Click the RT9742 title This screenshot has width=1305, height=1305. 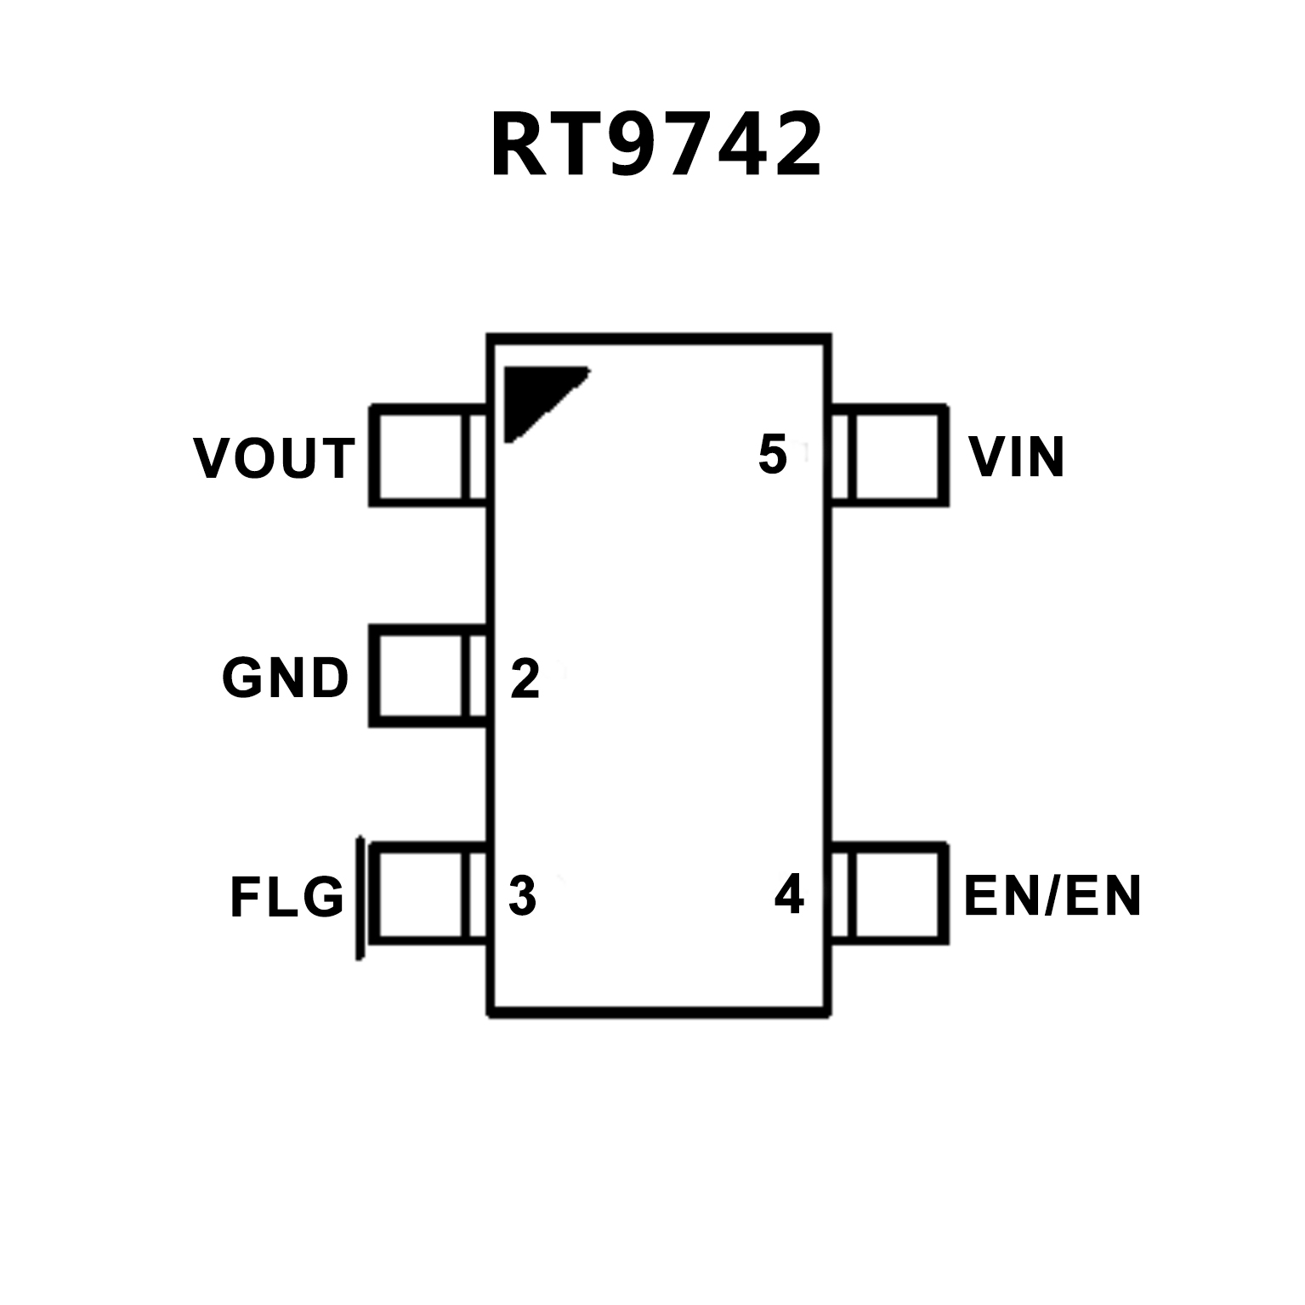coord(656,145)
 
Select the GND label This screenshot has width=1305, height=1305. coord(286,678)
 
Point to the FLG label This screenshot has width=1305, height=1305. coord(287,897)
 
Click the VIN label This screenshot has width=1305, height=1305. coord(1017,457)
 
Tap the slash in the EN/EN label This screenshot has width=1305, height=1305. coord(1053,895)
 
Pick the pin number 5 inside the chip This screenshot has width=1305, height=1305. coord(772,454)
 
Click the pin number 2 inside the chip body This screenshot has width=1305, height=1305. coord(525,678)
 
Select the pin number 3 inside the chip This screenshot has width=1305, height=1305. coord(522,895)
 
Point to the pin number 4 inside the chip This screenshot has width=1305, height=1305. coord(789,894)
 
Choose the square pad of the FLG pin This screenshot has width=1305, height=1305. coord(420,894)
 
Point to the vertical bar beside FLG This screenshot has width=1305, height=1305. coord(360,898)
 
